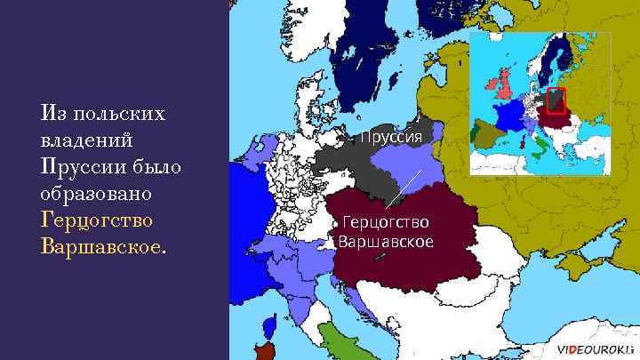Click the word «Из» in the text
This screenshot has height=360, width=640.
(x=51, y=115)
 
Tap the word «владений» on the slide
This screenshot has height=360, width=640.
(x=86, y=141)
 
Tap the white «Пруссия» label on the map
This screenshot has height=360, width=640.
(x=396, y=136)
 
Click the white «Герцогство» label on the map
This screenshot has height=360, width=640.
(x=386, y=222)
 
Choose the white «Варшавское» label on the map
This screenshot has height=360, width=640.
(x=386, y=241)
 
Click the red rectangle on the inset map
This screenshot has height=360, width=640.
(x=556, y=100)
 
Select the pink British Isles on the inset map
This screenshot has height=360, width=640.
(x=504, y=84)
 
